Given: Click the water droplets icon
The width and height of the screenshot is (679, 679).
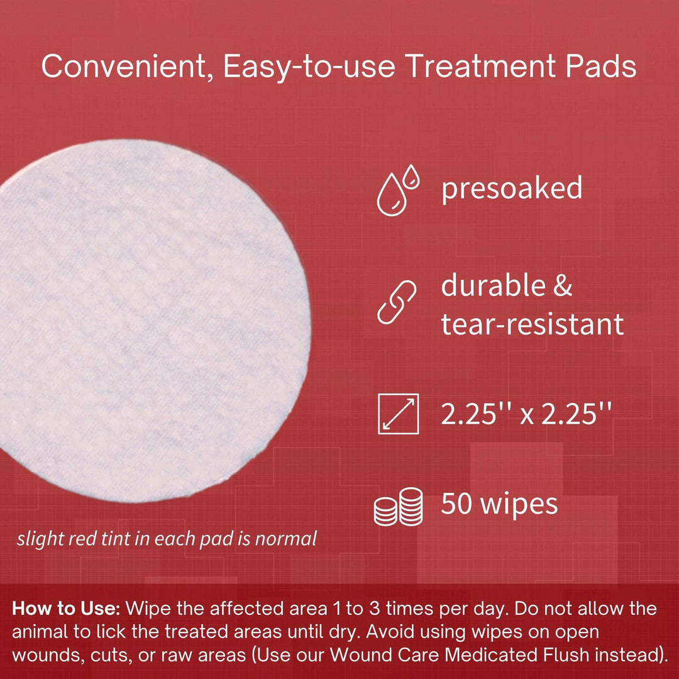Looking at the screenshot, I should [x=398, y=189].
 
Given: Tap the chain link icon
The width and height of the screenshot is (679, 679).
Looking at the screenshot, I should [x=398, y=303].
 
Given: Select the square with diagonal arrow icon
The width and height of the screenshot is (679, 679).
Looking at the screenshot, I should [x=398, y=413].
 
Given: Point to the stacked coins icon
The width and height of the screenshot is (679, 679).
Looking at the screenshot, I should [x=398, y=506].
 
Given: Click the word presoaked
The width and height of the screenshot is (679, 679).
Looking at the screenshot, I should [x=512, y=189].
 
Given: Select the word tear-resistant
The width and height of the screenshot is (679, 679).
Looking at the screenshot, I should [x=532, y=324].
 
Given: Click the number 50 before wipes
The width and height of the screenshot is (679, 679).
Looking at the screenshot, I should [x=457, y=504].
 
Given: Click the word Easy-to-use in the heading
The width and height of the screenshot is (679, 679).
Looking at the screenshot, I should [x=307, y=67].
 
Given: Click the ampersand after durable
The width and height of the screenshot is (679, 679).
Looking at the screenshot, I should [x=562, y=285].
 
